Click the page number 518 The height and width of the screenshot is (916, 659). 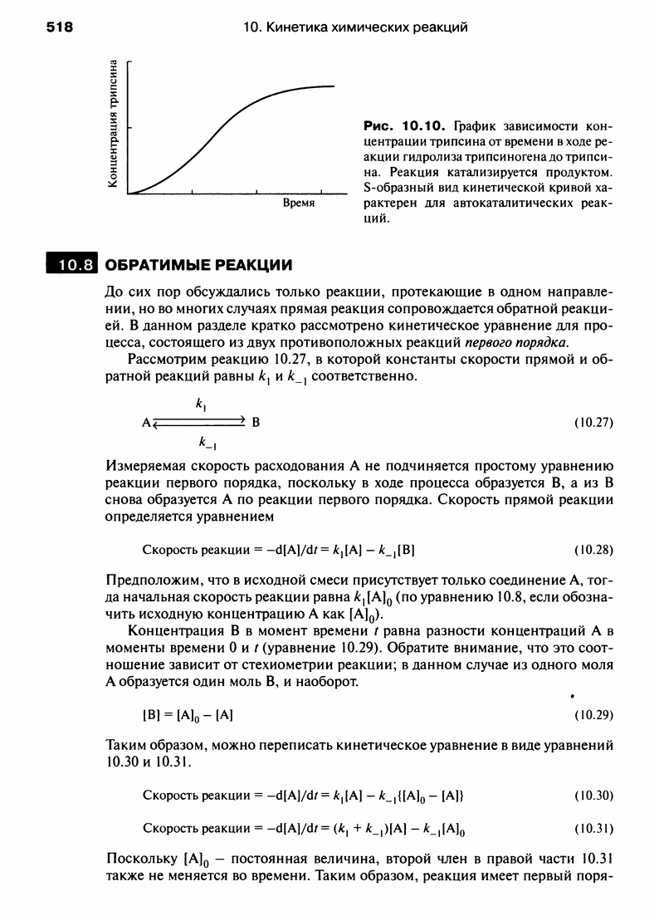(x=60, y=27)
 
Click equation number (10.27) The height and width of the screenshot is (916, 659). (x=593, y=421)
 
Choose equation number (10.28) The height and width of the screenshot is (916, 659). (x=593, y=549)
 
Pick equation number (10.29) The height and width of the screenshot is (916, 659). (x=593, y=713)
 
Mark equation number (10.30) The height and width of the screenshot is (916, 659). (x=593, y=795)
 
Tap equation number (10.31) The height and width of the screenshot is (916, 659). (x=593, y=827)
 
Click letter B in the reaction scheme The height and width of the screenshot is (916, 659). (x=256, y=422)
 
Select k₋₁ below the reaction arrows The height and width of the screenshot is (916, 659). (x=202, y=441)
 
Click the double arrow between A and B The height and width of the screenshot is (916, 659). (x=200, y=422)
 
